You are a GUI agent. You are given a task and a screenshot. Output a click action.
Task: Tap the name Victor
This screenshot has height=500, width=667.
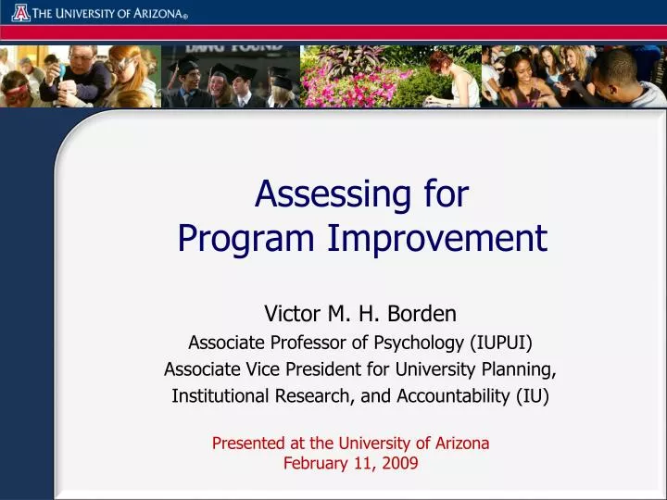[x=293, y=314]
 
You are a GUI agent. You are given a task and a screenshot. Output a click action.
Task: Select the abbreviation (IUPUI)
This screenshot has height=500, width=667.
[x=500, y=343]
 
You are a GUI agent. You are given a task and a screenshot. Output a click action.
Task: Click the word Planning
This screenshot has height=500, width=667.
[x=522, y=369]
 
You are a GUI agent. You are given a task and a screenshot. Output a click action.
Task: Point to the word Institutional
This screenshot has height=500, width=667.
[x=220, y=396]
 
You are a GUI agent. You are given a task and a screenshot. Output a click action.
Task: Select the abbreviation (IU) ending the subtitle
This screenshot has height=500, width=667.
[x=533, y=396]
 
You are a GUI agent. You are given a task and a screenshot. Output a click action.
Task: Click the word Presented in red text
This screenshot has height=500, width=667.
[x=248, y=444]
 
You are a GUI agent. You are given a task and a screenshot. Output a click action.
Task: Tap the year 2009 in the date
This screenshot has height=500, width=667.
[x=399, y=463]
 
